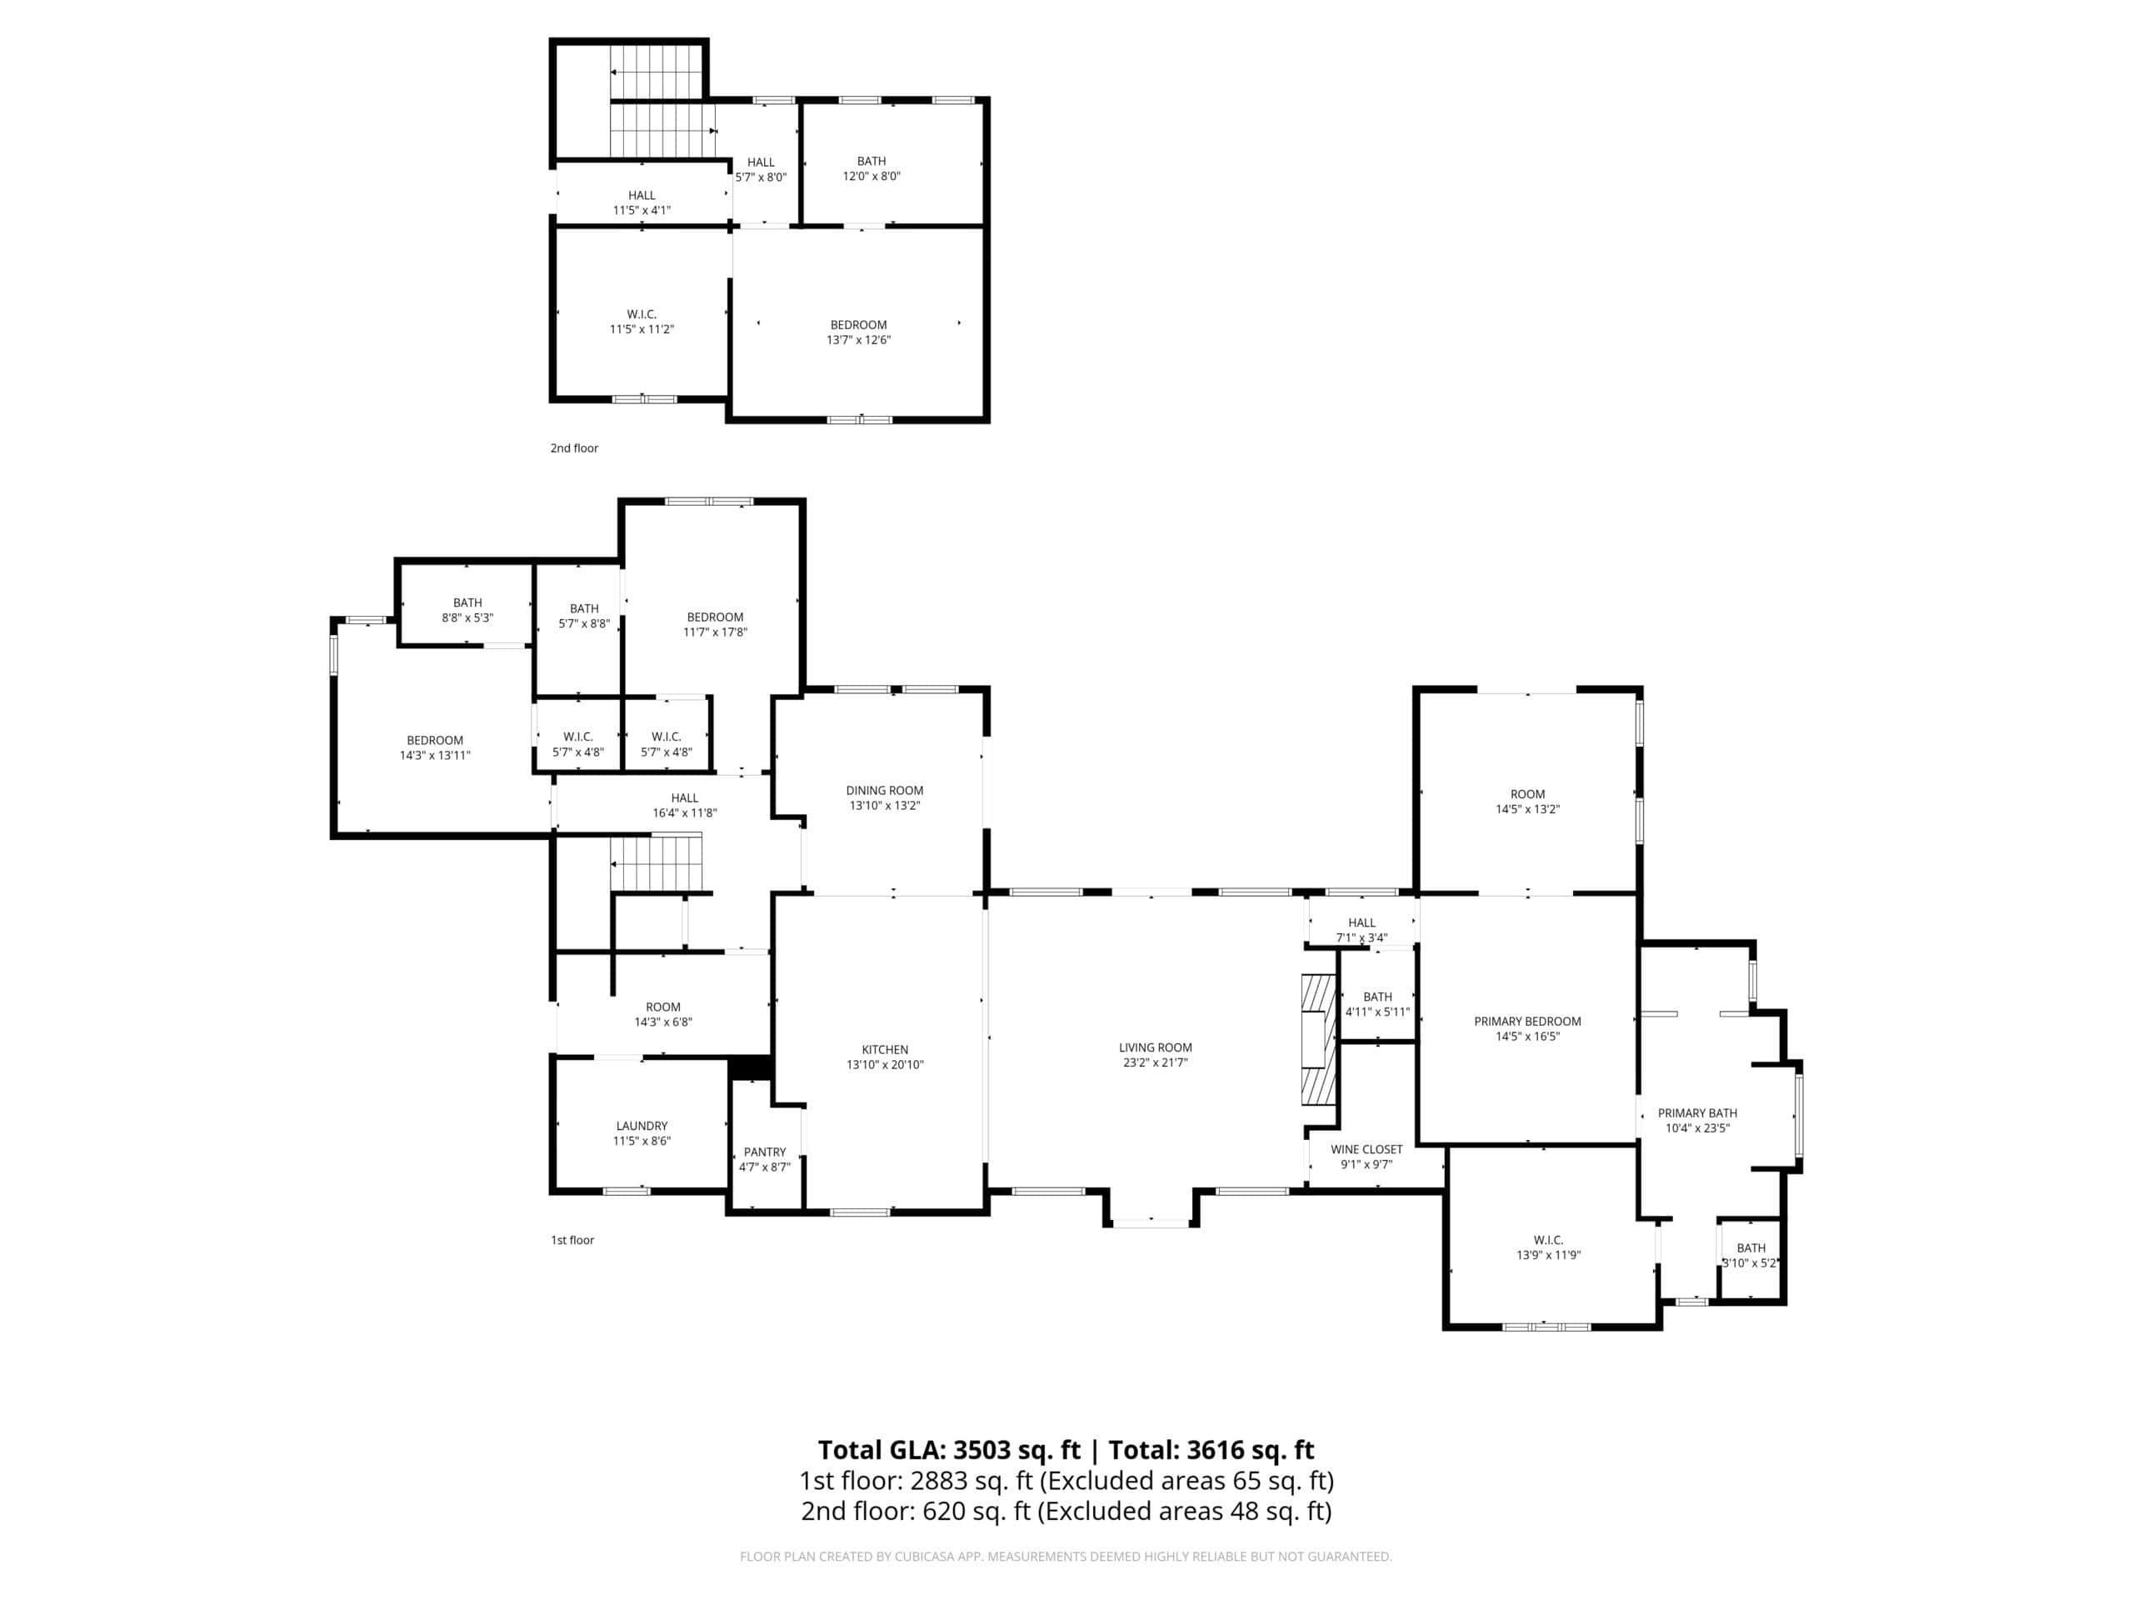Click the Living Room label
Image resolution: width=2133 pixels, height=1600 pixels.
pyautogui.click(x=1155, y=1047)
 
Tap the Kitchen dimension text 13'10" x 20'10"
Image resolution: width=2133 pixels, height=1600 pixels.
pyautogui.click(x=884, y=1065)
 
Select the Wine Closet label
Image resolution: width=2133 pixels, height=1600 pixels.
pyautogui.click(x=1366, y=1150)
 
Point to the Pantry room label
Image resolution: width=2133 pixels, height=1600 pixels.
pyautogui.click(x=765, y=1152)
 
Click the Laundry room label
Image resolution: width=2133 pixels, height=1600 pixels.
pyautogui.click(x=642, y=1127)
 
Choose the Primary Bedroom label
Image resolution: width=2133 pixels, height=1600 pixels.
pyautogui.click(x=1527, y=1022)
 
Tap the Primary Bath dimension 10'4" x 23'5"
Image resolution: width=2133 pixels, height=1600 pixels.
pyautogui.click(x=1697, y=1128)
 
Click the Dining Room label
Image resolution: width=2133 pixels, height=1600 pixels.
pyautogui.click(x=884, y=791)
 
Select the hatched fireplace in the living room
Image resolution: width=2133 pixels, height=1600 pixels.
pyautogui.click(x=1318, y=1040)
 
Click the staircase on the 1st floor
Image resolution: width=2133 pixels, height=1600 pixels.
pyautogui.click(x=657, y=863)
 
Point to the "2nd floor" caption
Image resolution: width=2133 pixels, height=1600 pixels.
pyautogui.click(x=574, y=448)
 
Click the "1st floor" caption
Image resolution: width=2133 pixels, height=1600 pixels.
pyautogui.click(x=572, y=1240)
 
